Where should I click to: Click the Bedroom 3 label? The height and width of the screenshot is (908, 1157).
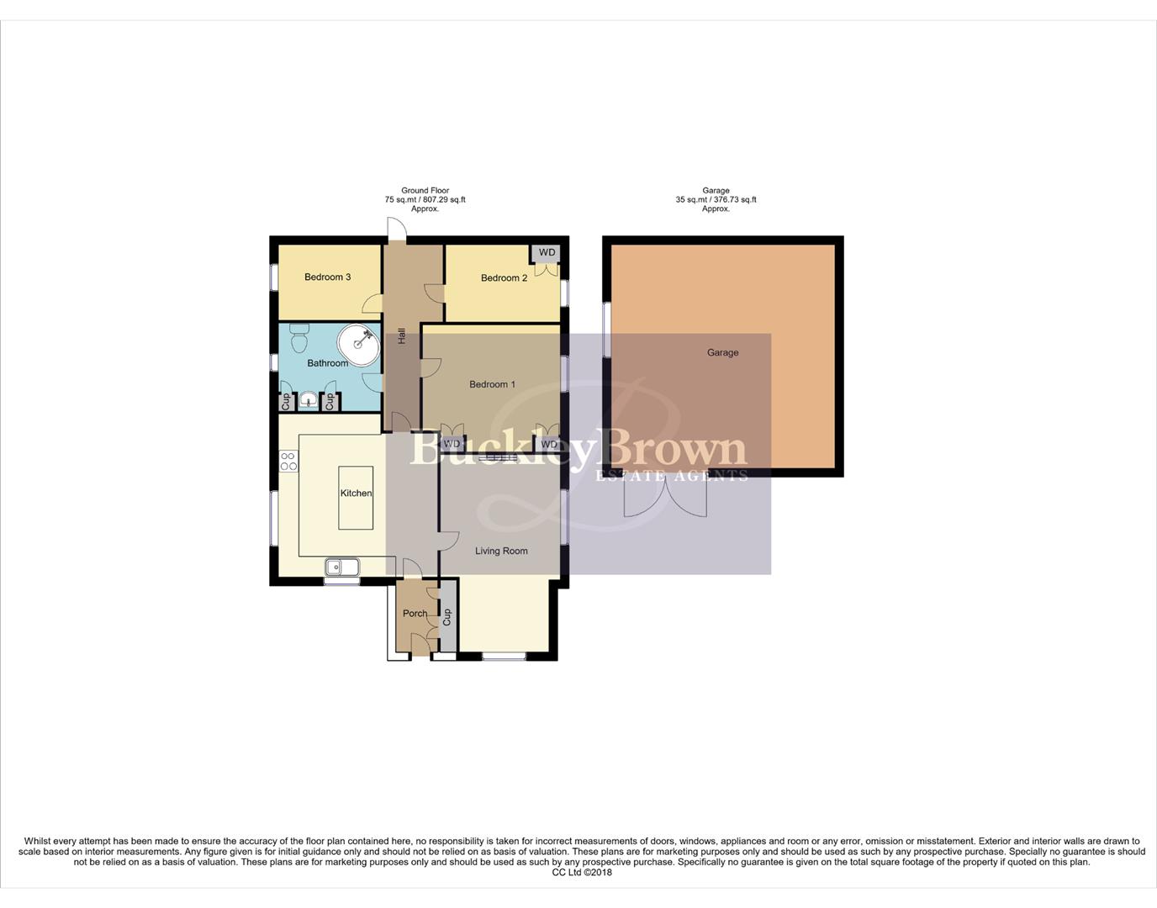point(327,277)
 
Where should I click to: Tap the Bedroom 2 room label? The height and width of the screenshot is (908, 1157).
point(504,278)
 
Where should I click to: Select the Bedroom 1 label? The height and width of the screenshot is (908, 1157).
point(492,384)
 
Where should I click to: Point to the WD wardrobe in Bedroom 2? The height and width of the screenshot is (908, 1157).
point(547,253)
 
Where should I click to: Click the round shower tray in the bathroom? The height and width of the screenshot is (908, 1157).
point(359,345)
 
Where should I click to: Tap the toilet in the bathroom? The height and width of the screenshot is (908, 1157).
point(298,339)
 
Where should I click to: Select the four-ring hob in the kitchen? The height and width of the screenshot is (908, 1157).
point(288,461)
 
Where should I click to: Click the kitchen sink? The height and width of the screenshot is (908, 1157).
point(341,567)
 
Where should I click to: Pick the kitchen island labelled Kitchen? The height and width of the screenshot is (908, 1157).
point(356,498)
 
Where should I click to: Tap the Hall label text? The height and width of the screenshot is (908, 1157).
point(402,335)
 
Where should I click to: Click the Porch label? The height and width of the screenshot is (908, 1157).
point(415,614)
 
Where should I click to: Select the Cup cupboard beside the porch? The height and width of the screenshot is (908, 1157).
point(447,618)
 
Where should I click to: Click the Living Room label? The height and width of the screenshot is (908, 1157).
point(501,552)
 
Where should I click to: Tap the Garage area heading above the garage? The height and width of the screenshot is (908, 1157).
point(716,199)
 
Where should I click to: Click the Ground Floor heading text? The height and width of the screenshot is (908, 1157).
point(425,191)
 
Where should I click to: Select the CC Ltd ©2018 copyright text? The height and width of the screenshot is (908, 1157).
point(582,873)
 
